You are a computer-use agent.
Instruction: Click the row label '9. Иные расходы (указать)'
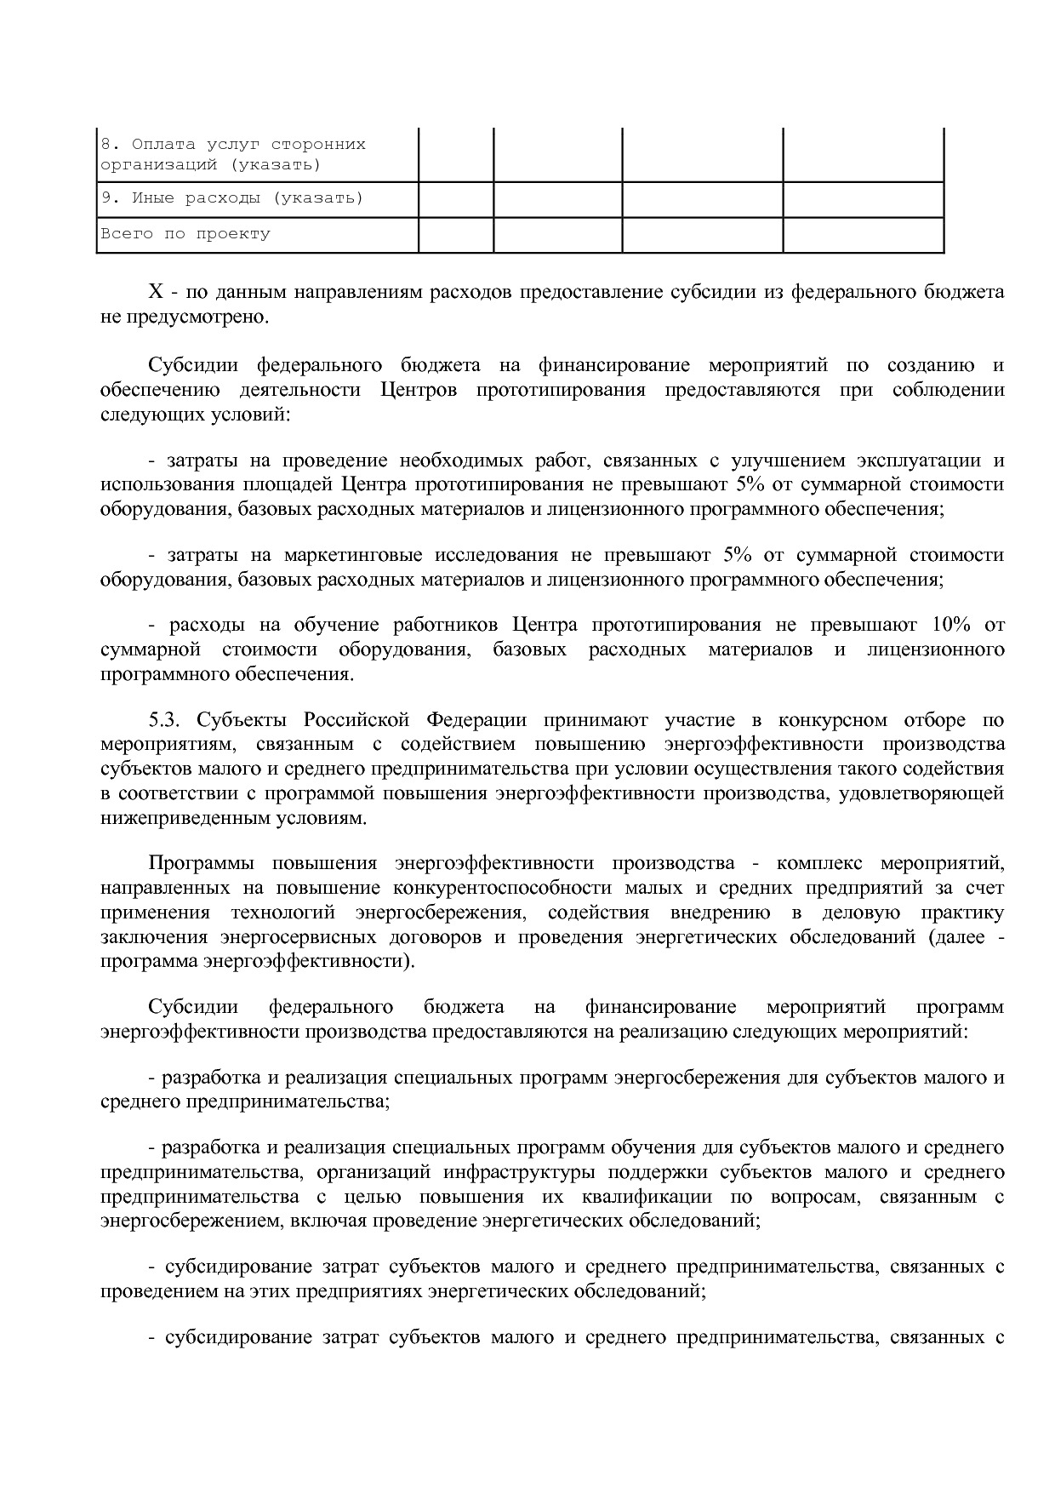(232, 198)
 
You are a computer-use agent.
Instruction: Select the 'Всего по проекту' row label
(185, 233)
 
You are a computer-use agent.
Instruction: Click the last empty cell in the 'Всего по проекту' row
(863, 235)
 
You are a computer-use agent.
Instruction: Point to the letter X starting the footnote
(156, 292)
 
